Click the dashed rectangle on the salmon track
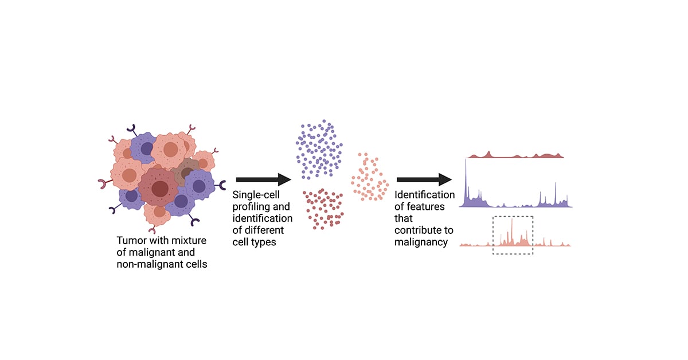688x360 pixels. click(513, 235)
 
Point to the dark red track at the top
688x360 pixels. click(516, 155)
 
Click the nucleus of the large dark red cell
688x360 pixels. click(160, 189)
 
